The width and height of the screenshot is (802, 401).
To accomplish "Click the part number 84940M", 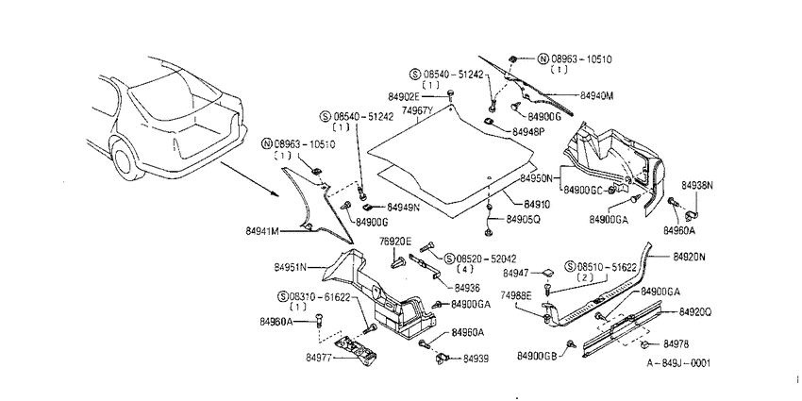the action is point(596,95).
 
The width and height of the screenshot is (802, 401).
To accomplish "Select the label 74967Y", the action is point(418,109).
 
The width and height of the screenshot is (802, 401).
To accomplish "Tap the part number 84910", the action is point(536,205).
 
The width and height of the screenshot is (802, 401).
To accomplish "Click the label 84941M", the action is point(262,231).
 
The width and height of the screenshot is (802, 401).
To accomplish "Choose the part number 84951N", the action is point(290,267).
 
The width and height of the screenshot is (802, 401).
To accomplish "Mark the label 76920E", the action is point(394,241).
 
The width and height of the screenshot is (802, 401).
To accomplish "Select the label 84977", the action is point(319,357).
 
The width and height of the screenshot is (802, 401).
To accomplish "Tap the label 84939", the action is point(476,359).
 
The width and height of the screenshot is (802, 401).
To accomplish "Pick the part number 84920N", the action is point(689,257).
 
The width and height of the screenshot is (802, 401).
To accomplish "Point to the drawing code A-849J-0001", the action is point(678,362).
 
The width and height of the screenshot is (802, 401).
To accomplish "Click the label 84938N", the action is point(696,185).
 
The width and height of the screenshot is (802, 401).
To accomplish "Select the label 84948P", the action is point(528,132).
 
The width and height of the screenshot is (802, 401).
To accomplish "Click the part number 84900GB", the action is point(536,356).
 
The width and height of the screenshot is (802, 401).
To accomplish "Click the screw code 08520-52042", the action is point(479,259).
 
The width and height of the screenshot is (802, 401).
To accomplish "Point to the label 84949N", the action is point(403,208).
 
